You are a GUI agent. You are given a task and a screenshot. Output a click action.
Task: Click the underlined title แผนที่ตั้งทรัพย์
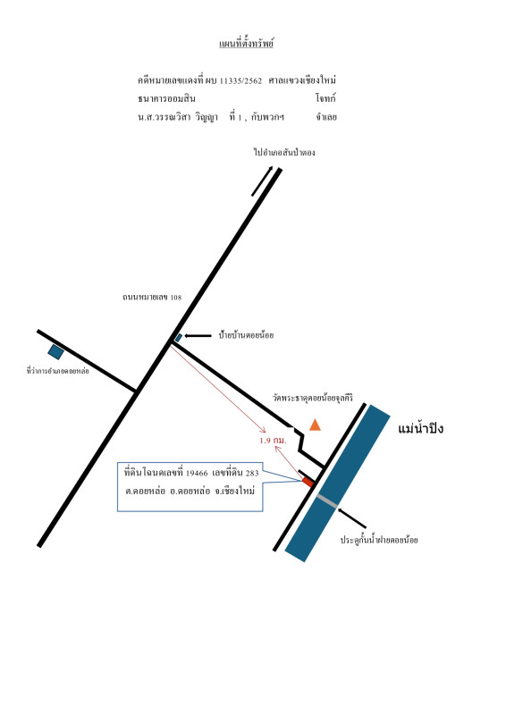point(247,44)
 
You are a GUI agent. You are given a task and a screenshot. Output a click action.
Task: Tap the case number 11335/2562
point(240,81)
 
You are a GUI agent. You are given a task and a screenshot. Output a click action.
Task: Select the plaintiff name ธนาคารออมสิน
point(166,98)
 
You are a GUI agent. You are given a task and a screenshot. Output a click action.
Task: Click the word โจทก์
point(325,98)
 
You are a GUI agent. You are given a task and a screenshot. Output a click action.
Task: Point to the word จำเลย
point(326,117)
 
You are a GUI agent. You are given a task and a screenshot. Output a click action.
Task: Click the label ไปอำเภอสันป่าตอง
point(284,152)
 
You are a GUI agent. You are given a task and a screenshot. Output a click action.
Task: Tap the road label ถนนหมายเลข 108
point(152,298)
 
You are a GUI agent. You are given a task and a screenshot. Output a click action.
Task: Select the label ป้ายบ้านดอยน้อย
point(246,336)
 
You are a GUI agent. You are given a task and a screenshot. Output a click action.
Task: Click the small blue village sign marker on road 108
point(179,338)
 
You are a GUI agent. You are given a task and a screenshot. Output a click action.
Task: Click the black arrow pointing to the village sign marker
point(198,336)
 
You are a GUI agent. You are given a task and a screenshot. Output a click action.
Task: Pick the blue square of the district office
point(55,351)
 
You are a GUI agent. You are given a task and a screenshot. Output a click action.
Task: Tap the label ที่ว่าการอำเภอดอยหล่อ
point(58,371)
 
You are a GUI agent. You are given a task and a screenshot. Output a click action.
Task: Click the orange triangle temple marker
point(315,425)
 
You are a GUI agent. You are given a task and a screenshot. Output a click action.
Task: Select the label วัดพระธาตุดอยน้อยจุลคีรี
point(313,398)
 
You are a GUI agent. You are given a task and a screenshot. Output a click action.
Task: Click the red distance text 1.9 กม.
point(273,441)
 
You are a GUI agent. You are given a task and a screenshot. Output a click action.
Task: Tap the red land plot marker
point(308,482)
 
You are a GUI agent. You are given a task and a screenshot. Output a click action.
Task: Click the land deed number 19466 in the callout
point(197,474)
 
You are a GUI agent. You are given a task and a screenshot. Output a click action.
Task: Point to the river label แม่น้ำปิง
point(421,429)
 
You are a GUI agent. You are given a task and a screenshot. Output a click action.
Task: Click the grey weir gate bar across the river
point(327,500)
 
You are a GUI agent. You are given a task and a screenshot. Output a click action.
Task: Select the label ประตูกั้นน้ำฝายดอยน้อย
point(379,540)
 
